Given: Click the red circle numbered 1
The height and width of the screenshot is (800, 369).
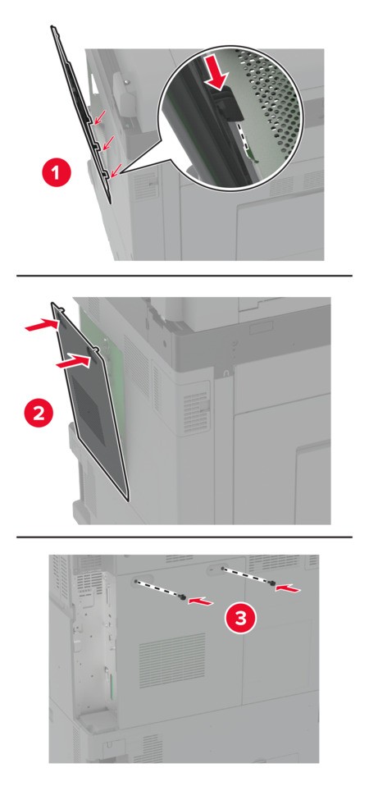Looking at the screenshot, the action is click(57, 172).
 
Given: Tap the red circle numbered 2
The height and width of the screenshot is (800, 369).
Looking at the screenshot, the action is click(39, 413).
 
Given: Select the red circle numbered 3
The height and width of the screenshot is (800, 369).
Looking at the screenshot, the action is click(240, 618).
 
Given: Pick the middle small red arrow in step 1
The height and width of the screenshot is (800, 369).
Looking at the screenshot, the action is click(108, 142).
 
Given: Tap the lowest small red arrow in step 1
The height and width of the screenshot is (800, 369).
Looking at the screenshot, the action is click(116, 170).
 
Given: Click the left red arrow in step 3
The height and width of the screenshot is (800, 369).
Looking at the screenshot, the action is click(200, 601).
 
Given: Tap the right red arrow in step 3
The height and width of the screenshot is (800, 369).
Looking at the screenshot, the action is click(288, 587).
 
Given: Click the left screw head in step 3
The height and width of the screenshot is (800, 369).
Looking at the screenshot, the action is click(183, 597).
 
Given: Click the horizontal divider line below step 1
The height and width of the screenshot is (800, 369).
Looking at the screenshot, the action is click(184, 276).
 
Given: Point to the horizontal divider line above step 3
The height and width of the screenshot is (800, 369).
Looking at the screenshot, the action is click(184, 537).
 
